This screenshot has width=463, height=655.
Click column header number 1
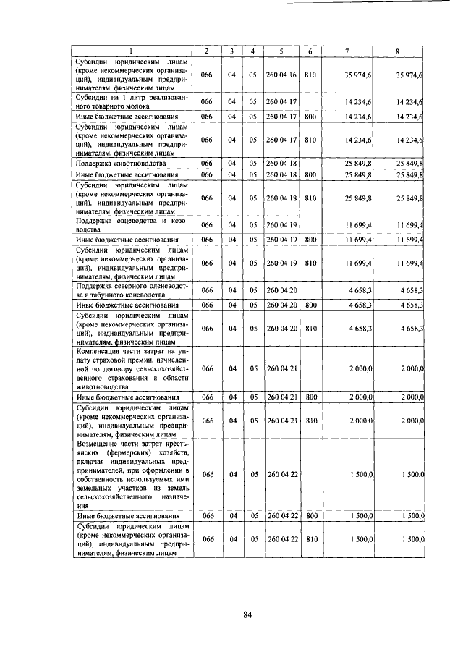[x=131, y=51]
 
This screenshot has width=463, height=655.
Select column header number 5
[x=281, y=51]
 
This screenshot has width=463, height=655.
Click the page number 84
[x=247, y=615]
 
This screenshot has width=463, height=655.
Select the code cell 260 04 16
[x=282, y=75]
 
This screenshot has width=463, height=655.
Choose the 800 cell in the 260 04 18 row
[x=310, y=175]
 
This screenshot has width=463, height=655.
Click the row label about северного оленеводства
[x=132, y=290]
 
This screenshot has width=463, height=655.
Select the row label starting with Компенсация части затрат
[x=132, y=368]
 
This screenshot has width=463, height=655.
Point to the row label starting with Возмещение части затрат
[x=132, y=474]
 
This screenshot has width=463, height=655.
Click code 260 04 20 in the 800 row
[x=282, y=305]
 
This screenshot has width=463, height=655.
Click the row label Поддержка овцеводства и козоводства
[x=132, y=224]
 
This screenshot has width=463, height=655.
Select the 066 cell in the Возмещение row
[x=206, y=474]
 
